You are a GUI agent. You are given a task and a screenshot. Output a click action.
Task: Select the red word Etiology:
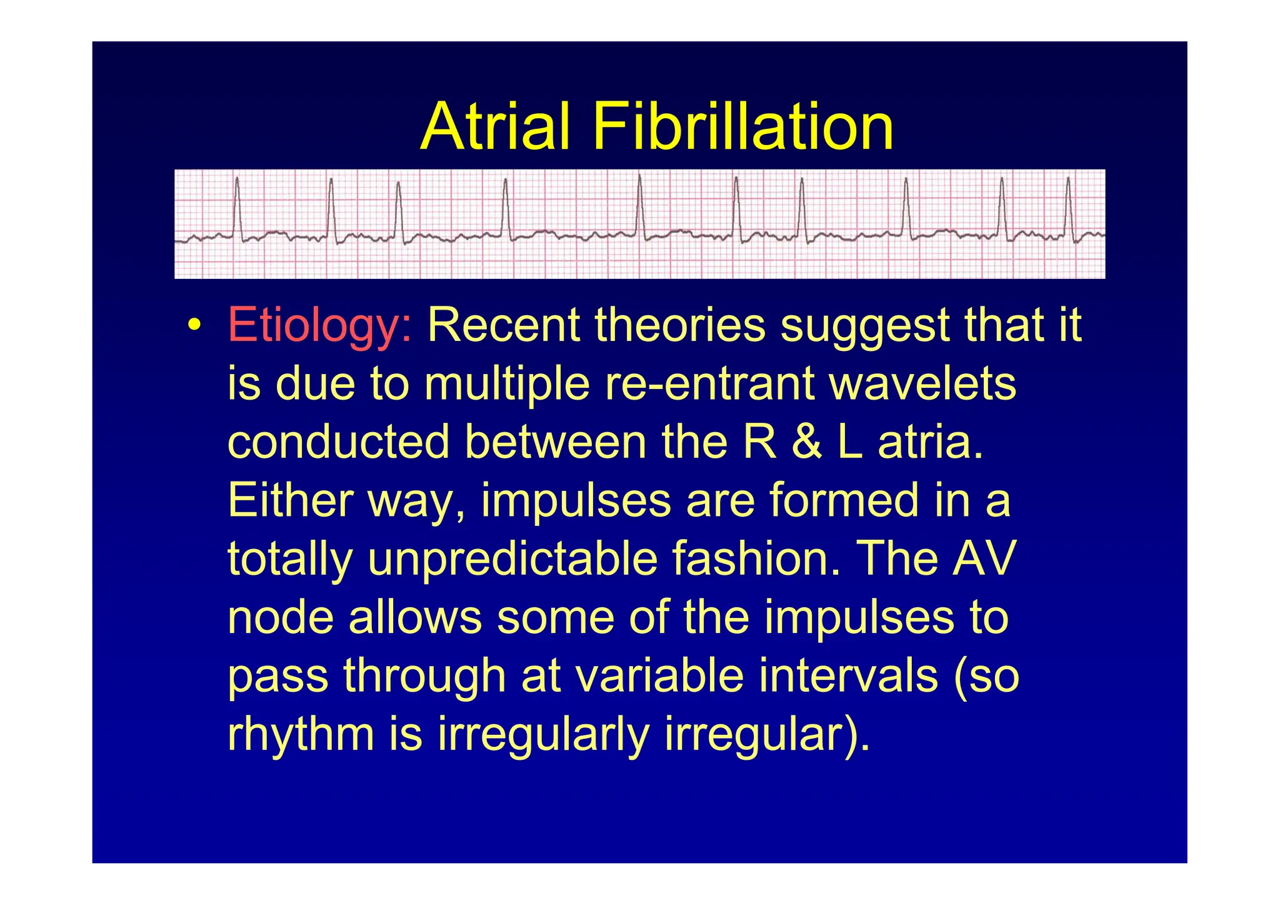tap(319, 326)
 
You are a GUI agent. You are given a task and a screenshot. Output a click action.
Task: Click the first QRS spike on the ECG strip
tap(237, 206)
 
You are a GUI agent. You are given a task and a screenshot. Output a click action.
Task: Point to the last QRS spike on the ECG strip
tap(1068, 206)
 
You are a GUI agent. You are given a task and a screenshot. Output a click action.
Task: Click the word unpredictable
tap(512, 559)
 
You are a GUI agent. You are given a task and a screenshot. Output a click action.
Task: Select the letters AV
tap(984, 559)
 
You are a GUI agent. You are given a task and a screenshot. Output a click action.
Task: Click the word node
tap(281, 618)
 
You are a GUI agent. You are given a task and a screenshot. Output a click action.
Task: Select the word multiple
tap(507, 383)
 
